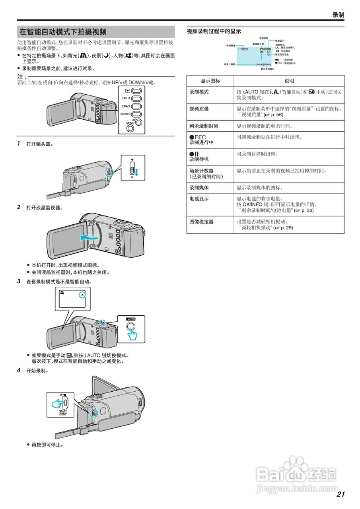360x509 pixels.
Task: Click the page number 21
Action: [340, 494]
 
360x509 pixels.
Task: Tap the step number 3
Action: [19, 282]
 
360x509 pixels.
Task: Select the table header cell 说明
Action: [289, 81]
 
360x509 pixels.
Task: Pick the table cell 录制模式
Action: [199, 92]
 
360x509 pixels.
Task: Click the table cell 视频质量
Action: [199, 109]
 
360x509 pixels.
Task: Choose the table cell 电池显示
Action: [199, 199]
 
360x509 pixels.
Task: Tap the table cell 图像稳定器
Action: [201, 222]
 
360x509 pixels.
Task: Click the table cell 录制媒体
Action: [199, 188]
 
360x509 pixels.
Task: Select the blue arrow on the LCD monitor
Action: [88, 238]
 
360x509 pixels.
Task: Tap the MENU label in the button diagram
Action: [130, 123]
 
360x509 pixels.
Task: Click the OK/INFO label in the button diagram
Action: [125, 114]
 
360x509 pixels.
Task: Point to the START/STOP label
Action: [63, 413]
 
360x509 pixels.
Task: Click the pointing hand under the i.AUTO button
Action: [132, 334]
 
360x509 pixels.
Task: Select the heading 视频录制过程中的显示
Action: [214, 31]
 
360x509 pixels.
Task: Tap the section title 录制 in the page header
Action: [338, 15]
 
